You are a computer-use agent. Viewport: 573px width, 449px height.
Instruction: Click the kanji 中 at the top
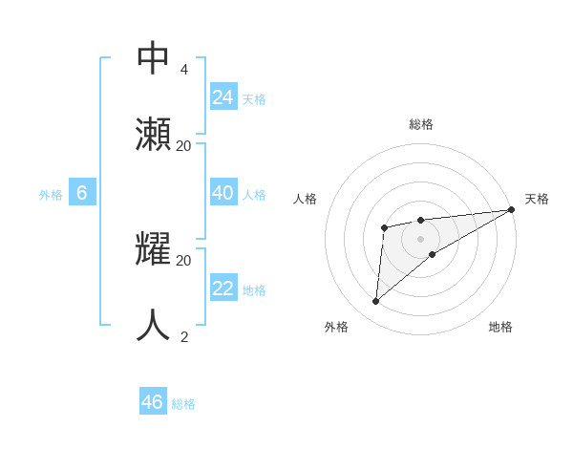pyautogui.click(x=154, y=58)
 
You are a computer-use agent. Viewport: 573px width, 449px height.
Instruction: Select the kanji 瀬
pyautogui.click(x=154, y=134)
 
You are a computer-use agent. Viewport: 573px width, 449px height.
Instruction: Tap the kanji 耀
pyautogui.click(x=154, y=249)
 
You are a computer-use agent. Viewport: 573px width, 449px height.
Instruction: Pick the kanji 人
pyautogui.click(x=154, y=325)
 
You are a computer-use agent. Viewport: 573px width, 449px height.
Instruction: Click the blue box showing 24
pyautogui.click(x=223, y=97)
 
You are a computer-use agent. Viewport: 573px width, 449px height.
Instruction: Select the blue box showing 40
pyautogui.click(x=223, y=193)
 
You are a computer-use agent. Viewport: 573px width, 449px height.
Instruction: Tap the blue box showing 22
pyautogui.click(x=223, y=289)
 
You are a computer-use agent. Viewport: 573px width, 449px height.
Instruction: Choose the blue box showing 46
pyautogui.click(x=153, y=402)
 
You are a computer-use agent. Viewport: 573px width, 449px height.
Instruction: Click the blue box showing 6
pyautogui.click(x=82, y=193)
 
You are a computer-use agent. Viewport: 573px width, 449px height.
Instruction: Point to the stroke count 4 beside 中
pyautogui.click(x=183, y=70)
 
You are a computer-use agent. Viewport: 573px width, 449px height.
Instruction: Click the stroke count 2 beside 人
pyautogui.click(x=183, y=336)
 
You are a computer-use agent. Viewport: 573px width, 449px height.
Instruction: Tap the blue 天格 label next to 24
pyautogui.click(x=254, y=99)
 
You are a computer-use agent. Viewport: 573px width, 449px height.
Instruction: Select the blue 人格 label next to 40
pyautogui.click(x=254, y=195)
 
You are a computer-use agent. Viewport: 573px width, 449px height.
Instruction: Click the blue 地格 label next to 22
pyautogui.click(x=254, y=290)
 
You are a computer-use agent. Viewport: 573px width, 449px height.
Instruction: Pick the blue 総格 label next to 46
pyautogui.click(x=183, y=404)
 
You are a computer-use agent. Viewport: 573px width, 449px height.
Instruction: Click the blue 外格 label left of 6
pyautogui.click(x=51, y=195)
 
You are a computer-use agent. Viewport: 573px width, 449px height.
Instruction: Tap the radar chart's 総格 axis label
pyautogui.click(x=421, y=124)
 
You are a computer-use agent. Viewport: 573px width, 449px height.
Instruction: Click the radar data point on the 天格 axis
pyautogui.click(x=512, y=210)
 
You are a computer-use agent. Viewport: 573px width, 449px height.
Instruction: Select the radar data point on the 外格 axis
pyautogui.click(x=375, y=302)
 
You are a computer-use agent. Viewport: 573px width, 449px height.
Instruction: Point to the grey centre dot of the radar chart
pyautogui.click(x=421, y=238)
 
